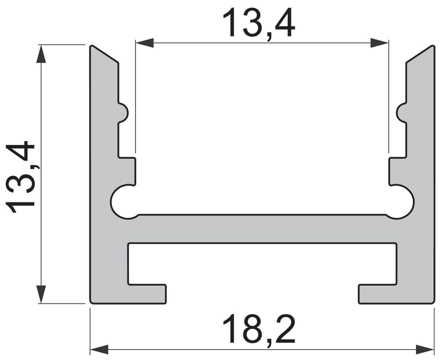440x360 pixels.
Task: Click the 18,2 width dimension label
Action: [x=259, y=329]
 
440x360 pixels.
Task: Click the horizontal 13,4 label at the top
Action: [x=259, y=24]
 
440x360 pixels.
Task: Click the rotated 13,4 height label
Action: [x=20, y=177]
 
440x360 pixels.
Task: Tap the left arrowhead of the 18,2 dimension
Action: [x=99, y=350]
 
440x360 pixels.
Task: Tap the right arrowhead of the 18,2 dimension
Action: [x=425, y=350]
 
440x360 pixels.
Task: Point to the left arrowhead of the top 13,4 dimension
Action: [x=145, y=43]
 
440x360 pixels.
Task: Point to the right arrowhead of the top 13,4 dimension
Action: [x=379, y=43]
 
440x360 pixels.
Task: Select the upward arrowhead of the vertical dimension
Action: [x=41, y=54]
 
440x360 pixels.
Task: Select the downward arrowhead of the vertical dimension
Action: [x=41, y=294]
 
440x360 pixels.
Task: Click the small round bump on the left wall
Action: [x=124, y=113]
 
